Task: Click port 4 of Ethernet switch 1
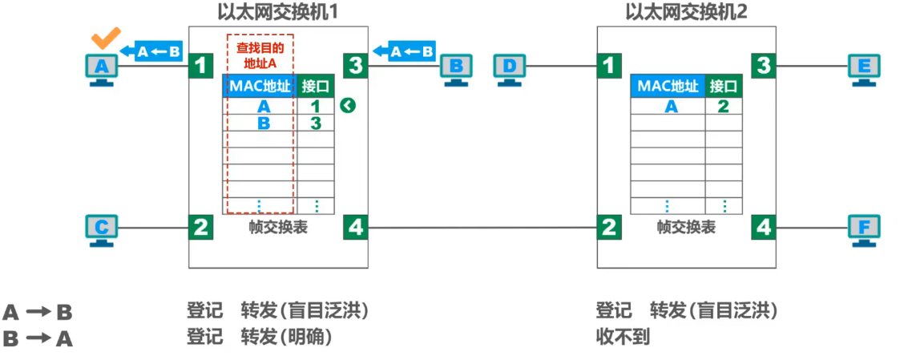[355, 228]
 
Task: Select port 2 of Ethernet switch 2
[610, 228]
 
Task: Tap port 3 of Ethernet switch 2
[764, 65]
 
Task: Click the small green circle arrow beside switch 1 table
[347, 106]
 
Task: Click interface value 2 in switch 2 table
[723, 106]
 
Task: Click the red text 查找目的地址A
[260, 55]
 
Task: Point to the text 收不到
[623, 337]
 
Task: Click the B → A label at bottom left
[38, 338]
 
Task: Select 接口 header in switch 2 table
[724, 86]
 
